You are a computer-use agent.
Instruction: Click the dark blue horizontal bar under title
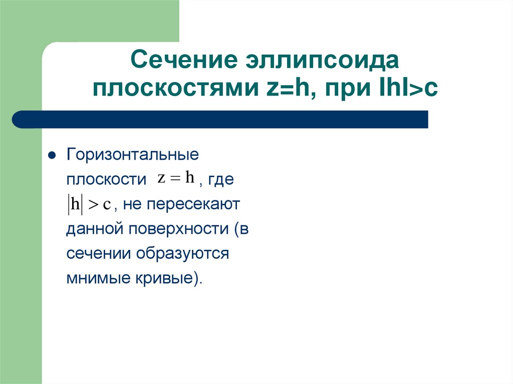tap(220, 120)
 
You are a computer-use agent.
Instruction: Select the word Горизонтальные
tap(133, 155)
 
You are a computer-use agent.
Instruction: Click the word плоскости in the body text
tap(106, 180)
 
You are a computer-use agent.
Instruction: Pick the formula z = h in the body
tap(175, 178)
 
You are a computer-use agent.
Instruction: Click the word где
tap(220, 180)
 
